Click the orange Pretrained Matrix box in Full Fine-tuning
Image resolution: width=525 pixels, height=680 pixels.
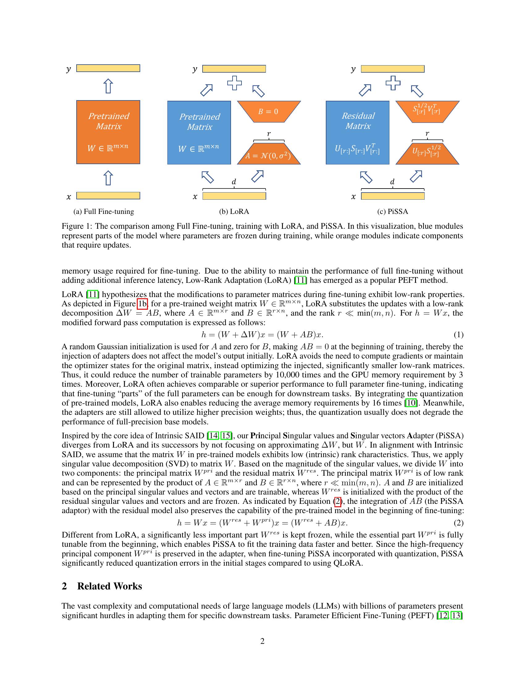108,132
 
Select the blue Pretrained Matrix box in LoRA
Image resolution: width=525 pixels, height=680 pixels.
199,132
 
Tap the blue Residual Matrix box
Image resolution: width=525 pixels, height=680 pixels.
357,132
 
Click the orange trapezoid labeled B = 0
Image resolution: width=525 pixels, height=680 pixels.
269,111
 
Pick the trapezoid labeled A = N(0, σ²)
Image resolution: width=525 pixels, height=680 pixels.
269,154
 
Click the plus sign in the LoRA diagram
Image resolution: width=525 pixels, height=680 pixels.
234,83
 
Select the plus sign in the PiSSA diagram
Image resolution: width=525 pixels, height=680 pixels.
393,83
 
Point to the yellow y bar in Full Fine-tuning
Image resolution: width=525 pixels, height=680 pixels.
108,68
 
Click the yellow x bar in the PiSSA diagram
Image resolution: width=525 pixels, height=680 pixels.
393,196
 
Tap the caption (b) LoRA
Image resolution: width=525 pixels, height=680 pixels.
234,212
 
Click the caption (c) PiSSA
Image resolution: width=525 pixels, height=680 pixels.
393,212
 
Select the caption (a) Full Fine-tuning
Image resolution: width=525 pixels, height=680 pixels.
103,212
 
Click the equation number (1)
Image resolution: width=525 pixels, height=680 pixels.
458,335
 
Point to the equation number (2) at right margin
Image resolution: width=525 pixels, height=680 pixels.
458,523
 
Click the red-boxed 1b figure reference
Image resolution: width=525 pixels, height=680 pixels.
142,304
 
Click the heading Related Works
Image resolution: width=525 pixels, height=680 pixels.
110,586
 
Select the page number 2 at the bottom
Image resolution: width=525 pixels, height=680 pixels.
262,641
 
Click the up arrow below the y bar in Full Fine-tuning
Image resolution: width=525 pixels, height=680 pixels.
108,86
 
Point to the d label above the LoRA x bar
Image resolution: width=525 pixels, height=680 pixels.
234,181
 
